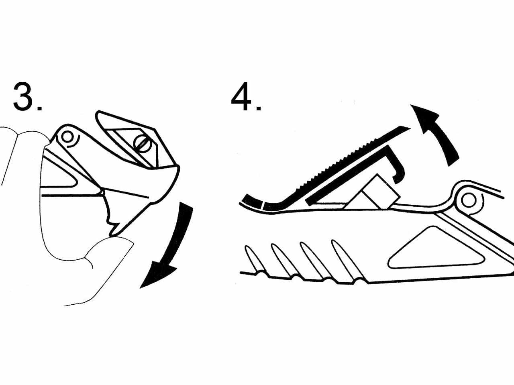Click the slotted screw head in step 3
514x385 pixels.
[142, 143]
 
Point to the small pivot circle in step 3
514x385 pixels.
[67, 137]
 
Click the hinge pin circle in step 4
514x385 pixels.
[468, 200]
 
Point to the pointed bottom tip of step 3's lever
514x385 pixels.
[112, 234]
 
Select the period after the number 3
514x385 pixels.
[39, 108]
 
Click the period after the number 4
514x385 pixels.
[259, 108]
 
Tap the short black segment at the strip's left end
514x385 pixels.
[251, 201]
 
